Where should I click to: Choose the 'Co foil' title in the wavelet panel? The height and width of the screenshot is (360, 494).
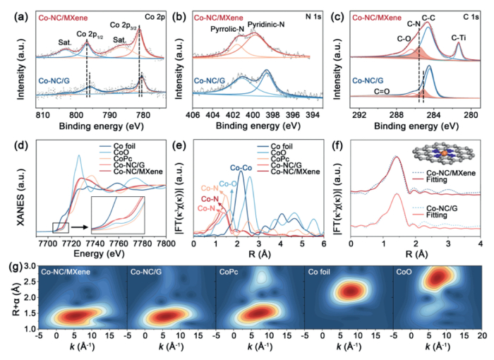(323, 270)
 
